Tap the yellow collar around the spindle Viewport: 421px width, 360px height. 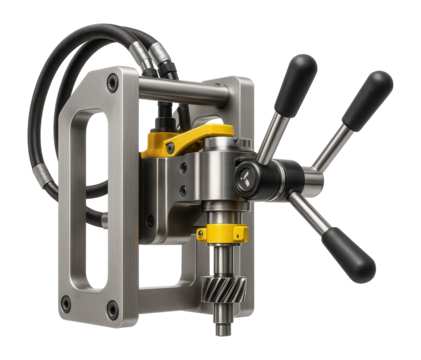(x=221, y=234)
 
